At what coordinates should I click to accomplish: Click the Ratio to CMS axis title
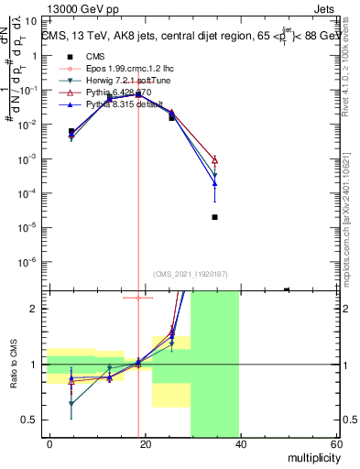(x=13, y=365)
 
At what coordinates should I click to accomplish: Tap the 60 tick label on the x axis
(x=336, y=444)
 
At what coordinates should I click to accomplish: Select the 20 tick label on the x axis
(x=145, y=444)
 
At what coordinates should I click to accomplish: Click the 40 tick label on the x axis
(x=240, y=444)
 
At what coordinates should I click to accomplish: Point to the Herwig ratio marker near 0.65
(x=71, y=403)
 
